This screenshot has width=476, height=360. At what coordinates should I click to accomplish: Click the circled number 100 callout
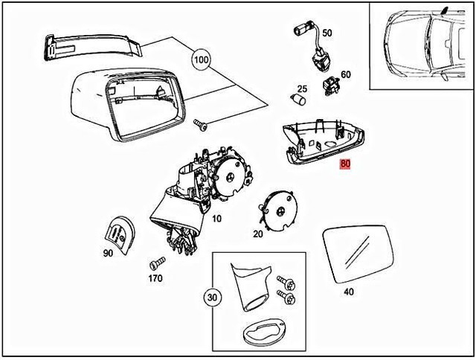coord(202,59)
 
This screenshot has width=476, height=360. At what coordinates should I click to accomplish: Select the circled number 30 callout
coord(213,298)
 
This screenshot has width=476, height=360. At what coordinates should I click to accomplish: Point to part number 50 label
coord(327,33)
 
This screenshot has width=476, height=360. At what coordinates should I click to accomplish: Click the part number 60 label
coord(345,74)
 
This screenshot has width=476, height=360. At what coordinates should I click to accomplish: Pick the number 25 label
coord(303,89)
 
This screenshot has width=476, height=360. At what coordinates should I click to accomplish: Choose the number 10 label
coord(216,219)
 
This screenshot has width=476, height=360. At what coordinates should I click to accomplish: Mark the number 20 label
coord(258,234)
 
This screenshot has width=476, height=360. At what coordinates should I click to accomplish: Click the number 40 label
coord(349,292)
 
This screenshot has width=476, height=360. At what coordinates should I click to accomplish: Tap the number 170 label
coord(155,280)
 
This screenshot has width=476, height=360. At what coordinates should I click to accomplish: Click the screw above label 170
coord(157,263)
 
